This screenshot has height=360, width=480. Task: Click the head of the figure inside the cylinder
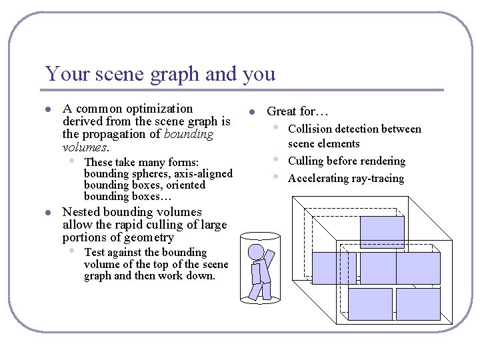(256, 252)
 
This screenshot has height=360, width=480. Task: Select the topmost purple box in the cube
(382, 232)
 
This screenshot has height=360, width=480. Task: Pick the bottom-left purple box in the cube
(370, 304)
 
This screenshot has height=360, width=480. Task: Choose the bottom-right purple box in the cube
(418, 304)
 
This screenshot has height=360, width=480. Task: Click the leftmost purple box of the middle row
(334, 268)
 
